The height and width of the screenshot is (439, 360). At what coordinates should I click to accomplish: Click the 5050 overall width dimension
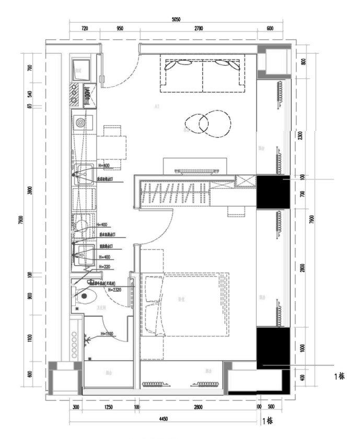[176, 19]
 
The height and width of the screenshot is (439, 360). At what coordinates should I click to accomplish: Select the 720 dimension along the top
[85, 29]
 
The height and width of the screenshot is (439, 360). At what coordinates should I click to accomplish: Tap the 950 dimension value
[120, 29]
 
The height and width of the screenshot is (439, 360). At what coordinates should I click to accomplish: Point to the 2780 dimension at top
[198, 29]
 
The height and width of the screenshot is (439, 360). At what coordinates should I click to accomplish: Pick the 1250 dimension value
[109, 407]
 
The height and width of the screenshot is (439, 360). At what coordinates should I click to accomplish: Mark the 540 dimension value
[30, 94]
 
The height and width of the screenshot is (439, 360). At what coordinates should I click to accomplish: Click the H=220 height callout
[104, 266]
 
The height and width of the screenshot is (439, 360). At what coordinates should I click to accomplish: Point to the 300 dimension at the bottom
[76, 407]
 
